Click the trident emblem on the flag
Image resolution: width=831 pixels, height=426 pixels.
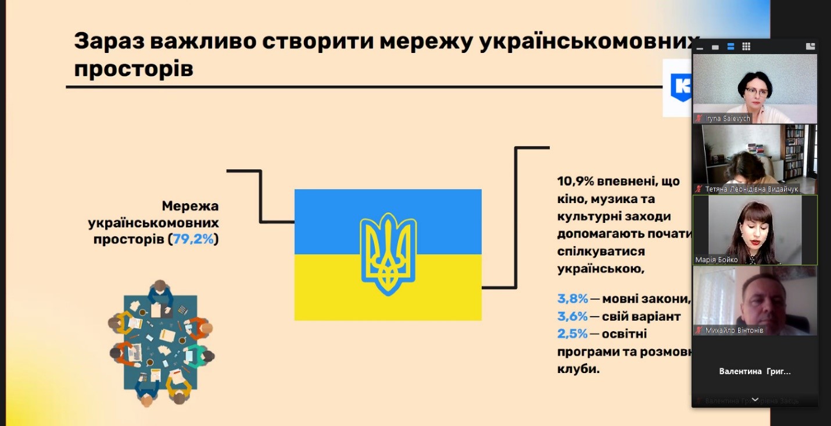(388, 254)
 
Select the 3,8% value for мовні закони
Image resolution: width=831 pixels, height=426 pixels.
(572, 300)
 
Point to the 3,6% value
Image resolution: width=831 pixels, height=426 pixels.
(572, 317)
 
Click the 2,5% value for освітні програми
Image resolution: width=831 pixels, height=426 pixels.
(572, 335)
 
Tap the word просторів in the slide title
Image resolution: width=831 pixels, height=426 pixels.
(134, 69)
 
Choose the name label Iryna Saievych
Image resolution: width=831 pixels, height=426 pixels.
(728, 119)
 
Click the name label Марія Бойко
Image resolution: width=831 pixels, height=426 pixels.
(717, 260)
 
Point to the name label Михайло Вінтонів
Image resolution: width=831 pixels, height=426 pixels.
(734, 331)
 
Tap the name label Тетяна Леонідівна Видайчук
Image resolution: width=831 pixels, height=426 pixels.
(751, 189)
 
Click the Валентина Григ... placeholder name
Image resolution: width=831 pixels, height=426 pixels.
(755, 371)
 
